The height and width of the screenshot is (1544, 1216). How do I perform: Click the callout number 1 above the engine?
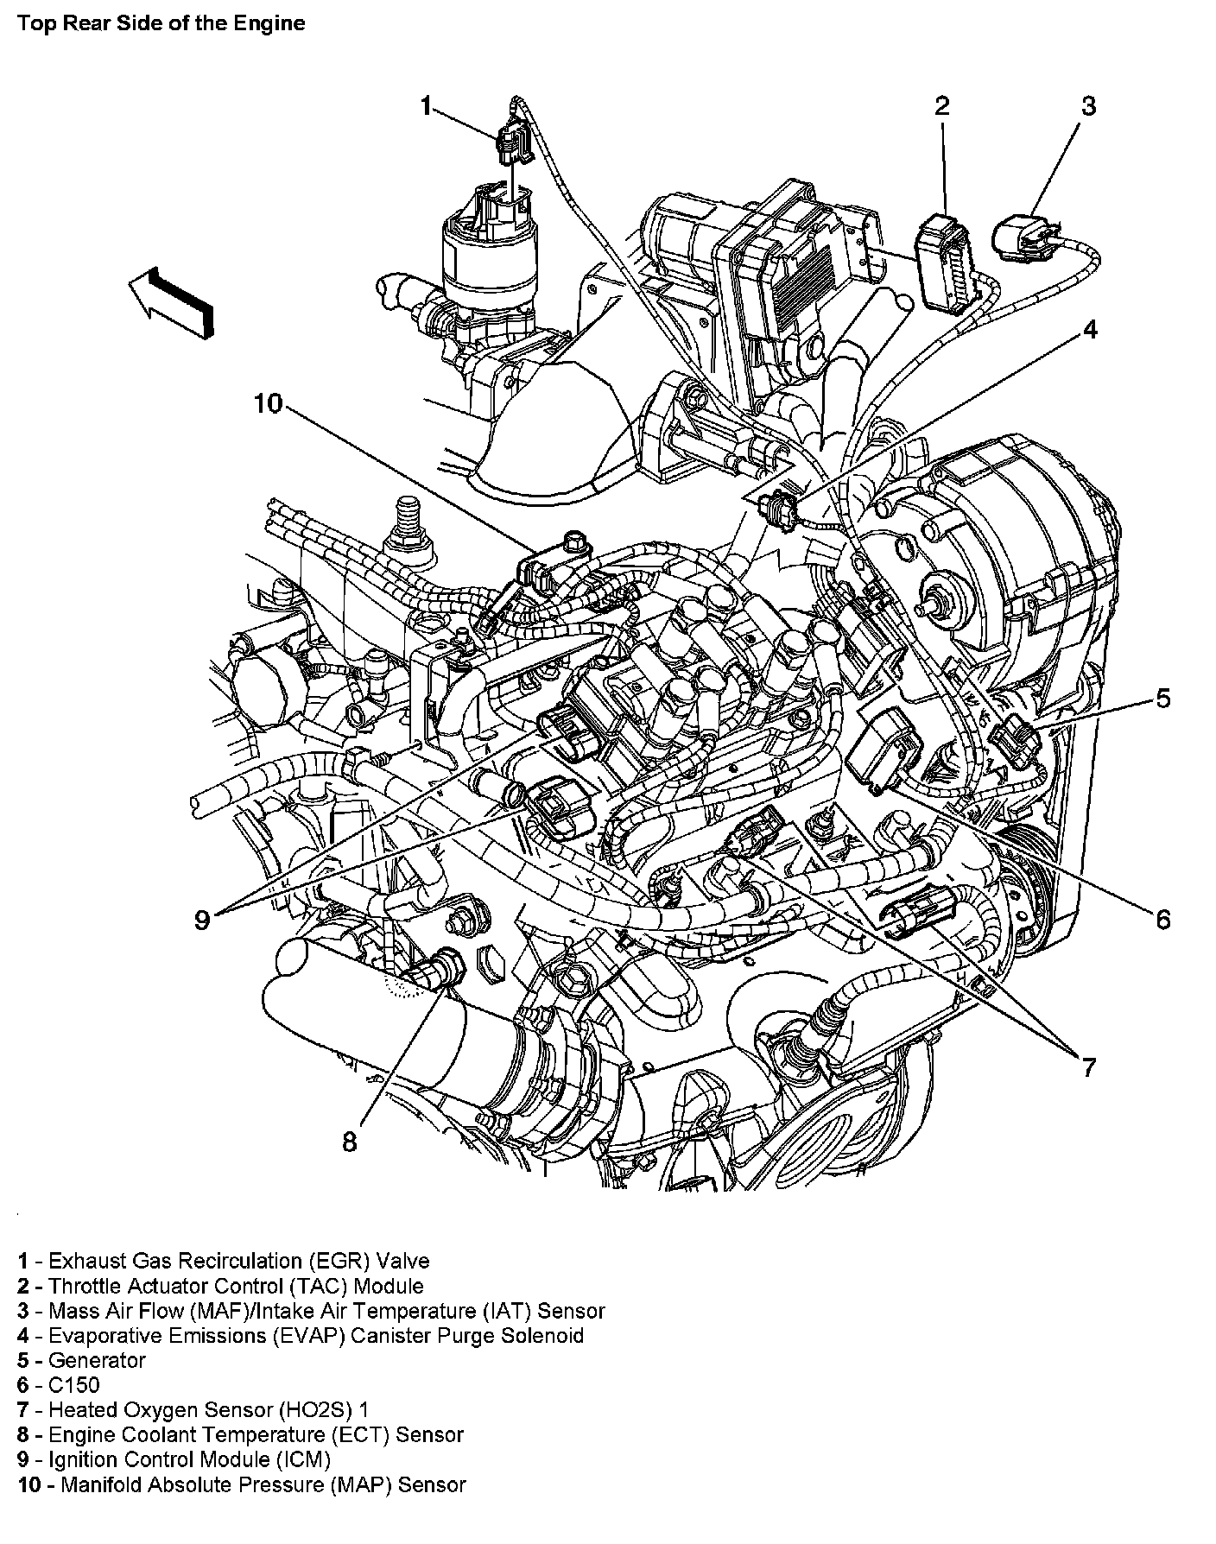[x=425, y=106]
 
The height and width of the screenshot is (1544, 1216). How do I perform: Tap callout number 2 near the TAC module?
[x=941, y=106]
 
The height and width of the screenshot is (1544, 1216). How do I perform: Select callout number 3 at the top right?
[x=1088, y=106]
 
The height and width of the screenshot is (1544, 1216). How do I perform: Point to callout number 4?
[x=1090, y=329]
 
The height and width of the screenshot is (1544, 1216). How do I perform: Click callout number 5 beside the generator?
[x=1162, y=698]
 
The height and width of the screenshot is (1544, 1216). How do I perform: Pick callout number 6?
[x=1162, y=920]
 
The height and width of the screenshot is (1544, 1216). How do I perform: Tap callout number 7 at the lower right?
[x=1088, y=1067]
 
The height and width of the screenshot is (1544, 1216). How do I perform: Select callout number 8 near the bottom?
[x=349, y=1142]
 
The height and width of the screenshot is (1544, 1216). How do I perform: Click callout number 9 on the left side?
[x=201, y=921]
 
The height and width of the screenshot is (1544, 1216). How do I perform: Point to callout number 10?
[x=269, y=403]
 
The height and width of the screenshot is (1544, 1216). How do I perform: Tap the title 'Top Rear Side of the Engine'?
[x=161, y=23]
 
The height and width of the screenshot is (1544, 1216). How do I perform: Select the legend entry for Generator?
[x=82, y=1360]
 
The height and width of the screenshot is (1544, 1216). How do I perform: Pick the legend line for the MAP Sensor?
[x=241, y=1484]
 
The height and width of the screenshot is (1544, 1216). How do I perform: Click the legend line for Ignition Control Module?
[x=174, y=1459]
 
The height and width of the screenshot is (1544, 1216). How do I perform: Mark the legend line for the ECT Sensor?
[x=240, y=1434]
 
